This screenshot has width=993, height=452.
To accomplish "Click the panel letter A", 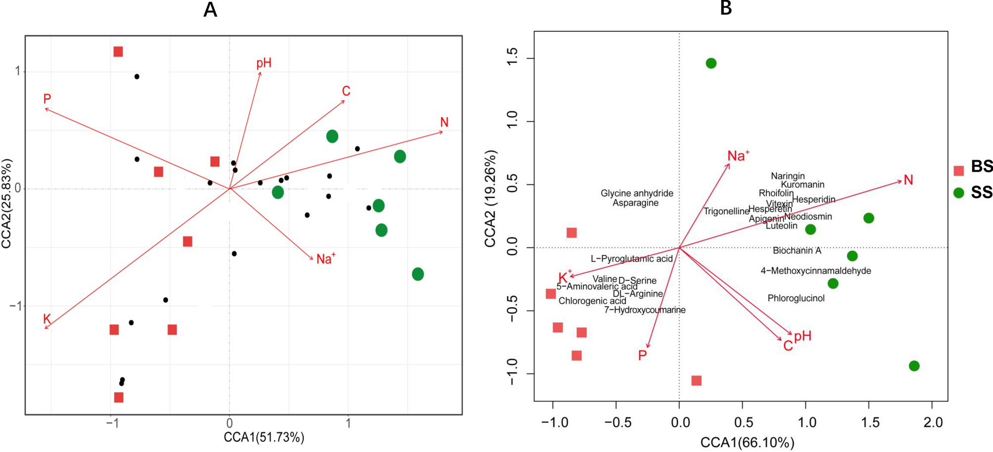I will [210, 9].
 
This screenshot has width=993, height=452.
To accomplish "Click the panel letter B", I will [726, 7].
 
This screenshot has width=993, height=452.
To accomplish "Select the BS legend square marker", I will [959, 171].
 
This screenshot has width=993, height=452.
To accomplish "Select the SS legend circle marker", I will [959, 193].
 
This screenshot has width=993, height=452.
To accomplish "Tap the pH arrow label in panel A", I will [264, 63].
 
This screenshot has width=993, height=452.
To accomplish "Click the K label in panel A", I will [47, 319].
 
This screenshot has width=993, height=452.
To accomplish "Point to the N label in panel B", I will [908, 180].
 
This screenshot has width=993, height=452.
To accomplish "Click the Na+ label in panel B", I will [738, 156].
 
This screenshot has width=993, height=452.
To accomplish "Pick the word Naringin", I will [788, 176].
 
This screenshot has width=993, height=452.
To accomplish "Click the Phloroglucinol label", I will [796, 298].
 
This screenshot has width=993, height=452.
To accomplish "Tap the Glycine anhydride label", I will [637, 193].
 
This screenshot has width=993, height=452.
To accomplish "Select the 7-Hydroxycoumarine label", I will [645, 310].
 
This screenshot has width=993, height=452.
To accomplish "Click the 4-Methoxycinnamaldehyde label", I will [816, 271].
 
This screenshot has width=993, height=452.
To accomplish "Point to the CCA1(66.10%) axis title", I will [747, 442].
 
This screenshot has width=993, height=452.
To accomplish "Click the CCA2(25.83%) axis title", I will [7, 203].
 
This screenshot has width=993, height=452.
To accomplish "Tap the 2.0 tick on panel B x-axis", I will [932, 423].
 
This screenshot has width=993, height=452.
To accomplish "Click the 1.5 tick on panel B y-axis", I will [513, 59].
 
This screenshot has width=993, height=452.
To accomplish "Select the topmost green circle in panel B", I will [711, 63].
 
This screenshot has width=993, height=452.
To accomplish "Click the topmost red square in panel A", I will [118, 52].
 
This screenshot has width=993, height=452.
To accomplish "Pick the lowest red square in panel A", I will [118, 397].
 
